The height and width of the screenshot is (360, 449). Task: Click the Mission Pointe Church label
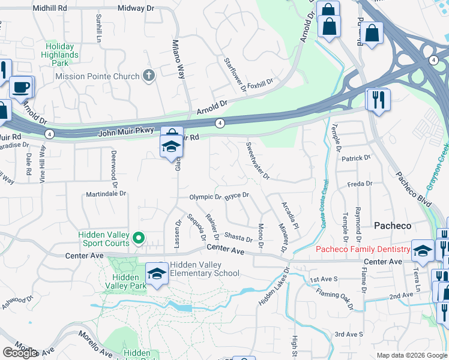click(x=96, y=76)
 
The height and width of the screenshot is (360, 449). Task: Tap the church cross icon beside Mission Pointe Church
click(x=149, y=76)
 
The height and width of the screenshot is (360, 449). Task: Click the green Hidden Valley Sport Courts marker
click(x=138, y=239)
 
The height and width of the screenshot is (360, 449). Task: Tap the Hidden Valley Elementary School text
click(x=204, y=269)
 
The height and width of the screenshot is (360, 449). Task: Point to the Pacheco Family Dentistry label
click(x=363, y=249)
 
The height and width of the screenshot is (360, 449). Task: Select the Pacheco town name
click(x=393, y=226)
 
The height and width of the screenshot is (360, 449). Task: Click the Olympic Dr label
click(x=206, y=197)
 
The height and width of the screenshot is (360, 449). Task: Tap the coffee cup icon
click(x=21, y=87)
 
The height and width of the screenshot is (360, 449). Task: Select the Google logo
click(x=20, y=353)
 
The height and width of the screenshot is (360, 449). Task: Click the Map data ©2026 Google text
click(x=412, y=355)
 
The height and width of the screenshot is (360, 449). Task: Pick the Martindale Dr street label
click(x=106, y=194)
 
